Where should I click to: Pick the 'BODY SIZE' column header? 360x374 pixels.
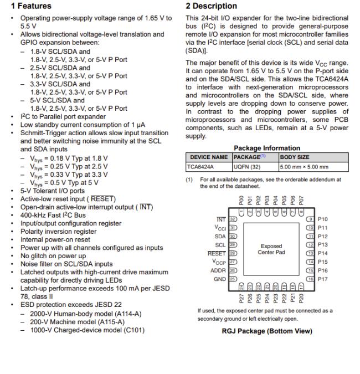[295, 157]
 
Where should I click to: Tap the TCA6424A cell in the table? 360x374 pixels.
[200, 166]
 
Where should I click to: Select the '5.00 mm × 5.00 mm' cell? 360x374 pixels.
[304, 166]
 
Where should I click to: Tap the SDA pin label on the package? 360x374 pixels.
[220, 236]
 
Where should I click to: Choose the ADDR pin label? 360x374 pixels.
[219, 270]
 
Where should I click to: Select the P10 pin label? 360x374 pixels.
[323, 219]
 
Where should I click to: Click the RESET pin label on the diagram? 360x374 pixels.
[217, 253]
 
